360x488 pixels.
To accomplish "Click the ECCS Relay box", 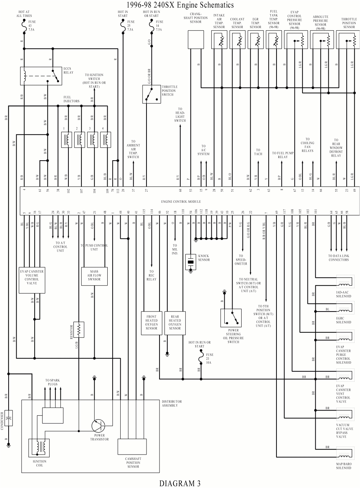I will [41, 76].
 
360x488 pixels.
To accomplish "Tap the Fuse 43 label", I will [32, 26].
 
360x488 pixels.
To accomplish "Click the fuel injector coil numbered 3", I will [92, 140].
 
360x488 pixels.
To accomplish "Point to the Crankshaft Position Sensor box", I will [195, 39].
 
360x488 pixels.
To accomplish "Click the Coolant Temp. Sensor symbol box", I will [238, 39].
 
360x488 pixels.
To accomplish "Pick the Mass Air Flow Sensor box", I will [94, 276].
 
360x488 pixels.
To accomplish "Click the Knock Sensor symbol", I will [190, 262].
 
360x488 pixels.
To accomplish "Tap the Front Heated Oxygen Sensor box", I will [151, 323].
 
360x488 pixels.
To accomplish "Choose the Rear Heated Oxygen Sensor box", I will [175, 323].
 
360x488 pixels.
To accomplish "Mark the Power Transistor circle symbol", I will [98, 426].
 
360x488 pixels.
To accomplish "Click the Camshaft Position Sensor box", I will [132, 447].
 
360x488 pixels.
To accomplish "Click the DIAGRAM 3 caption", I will [180, 483].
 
